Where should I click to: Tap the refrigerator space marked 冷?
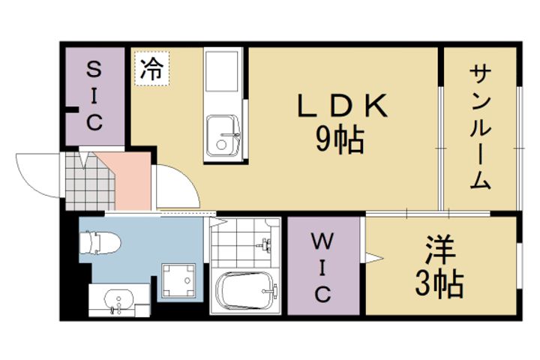click(x=151, y=68)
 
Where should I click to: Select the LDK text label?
click(x=342, y=106)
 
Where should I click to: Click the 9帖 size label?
click(x=340, y=139)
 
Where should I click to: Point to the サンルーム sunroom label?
click(x=480, y=127)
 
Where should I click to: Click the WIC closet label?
click(x=322, y=267)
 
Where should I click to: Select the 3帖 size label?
click(x=439, y=283)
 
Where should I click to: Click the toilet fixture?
click(x=100, y=242)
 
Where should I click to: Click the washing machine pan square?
click(x=178, y=280)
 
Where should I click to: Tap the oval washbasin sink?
click(x=118, y=299)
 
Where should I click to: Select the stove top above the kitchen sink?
click(x=222, y=71)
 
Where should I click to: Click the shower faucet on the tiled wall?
click(x=265, y=244)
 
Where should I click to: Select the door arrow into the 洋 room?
click(x=374, y=258)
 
